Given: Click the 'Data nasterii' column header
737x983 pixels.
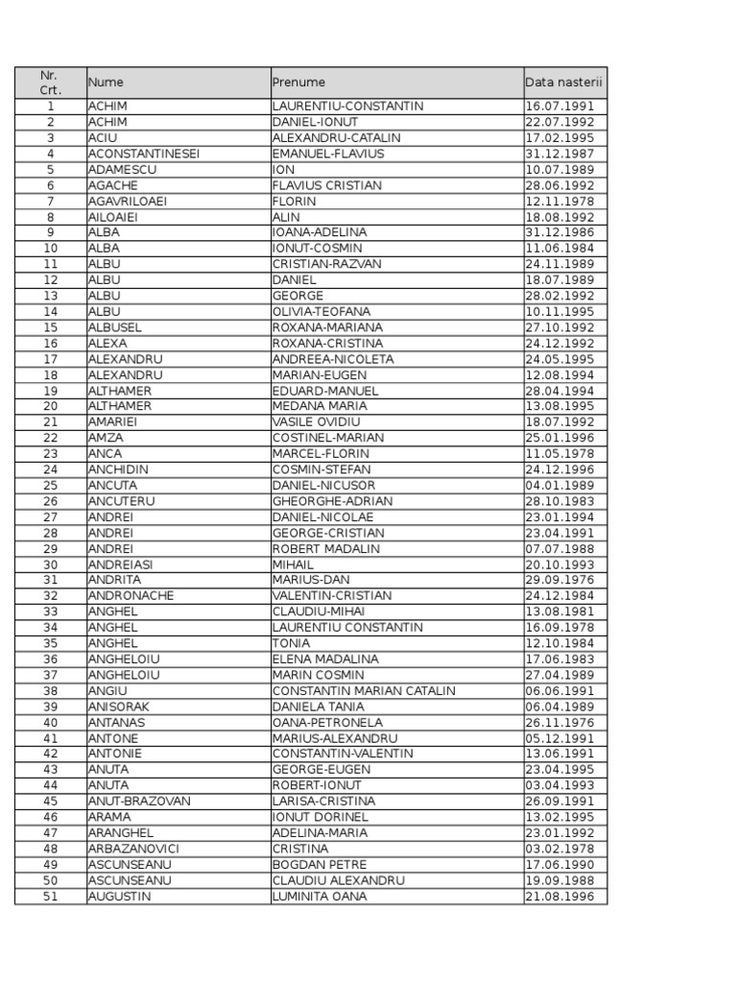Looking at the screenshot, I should tap(564, 83).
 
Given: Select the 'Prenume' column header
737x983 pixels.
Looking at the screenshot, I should tap(298, 83).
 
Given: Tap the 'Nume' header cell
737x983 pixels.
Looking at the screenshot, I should tap(106, 83).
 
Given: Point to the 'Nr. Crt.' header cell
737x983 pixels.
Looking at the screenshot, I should tap(50, 83).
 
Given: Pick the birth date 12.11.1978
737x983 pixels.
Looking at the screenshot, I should tap(560, 202).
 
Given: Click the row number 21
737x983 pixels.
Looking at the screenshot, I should tap(51, 422).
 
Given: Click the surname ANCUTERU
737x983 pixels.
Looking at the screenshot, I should tap(121, 501).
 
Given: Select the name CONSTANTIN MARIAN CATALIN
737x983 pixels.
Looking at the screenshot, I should tap(364, 691).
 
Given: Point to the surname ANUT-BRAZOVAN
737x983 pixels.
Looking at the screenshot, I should tap(139, 802).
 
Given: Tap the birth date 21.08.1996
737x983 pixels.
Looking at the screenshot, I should tap(560, 897).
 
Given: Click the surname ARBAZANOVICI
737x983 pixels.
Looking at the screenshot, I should tap(133, 849).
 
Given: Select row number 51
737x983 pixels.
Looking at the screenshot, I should tap(51, 897).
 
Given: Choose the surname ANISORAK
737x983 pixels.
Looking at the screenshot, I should tap(119, 707).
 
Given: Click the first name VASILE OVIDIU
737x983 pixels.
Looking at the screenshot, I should tap(316, 422).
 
